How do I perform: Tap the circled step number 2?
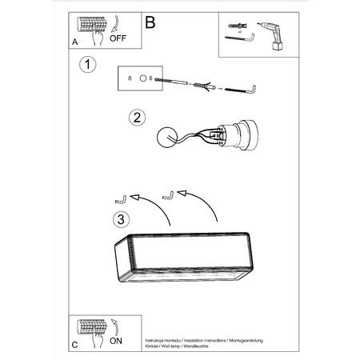[138, 118]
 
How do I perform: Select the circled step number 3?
[119, 218]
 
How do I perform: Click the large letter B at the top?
[150, 23]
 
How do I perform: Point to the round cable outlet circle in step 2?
[168, 137]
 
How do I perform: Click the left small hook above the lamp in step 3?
[122, 199]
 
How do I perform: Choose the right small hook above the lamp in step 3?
[167, 194]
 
